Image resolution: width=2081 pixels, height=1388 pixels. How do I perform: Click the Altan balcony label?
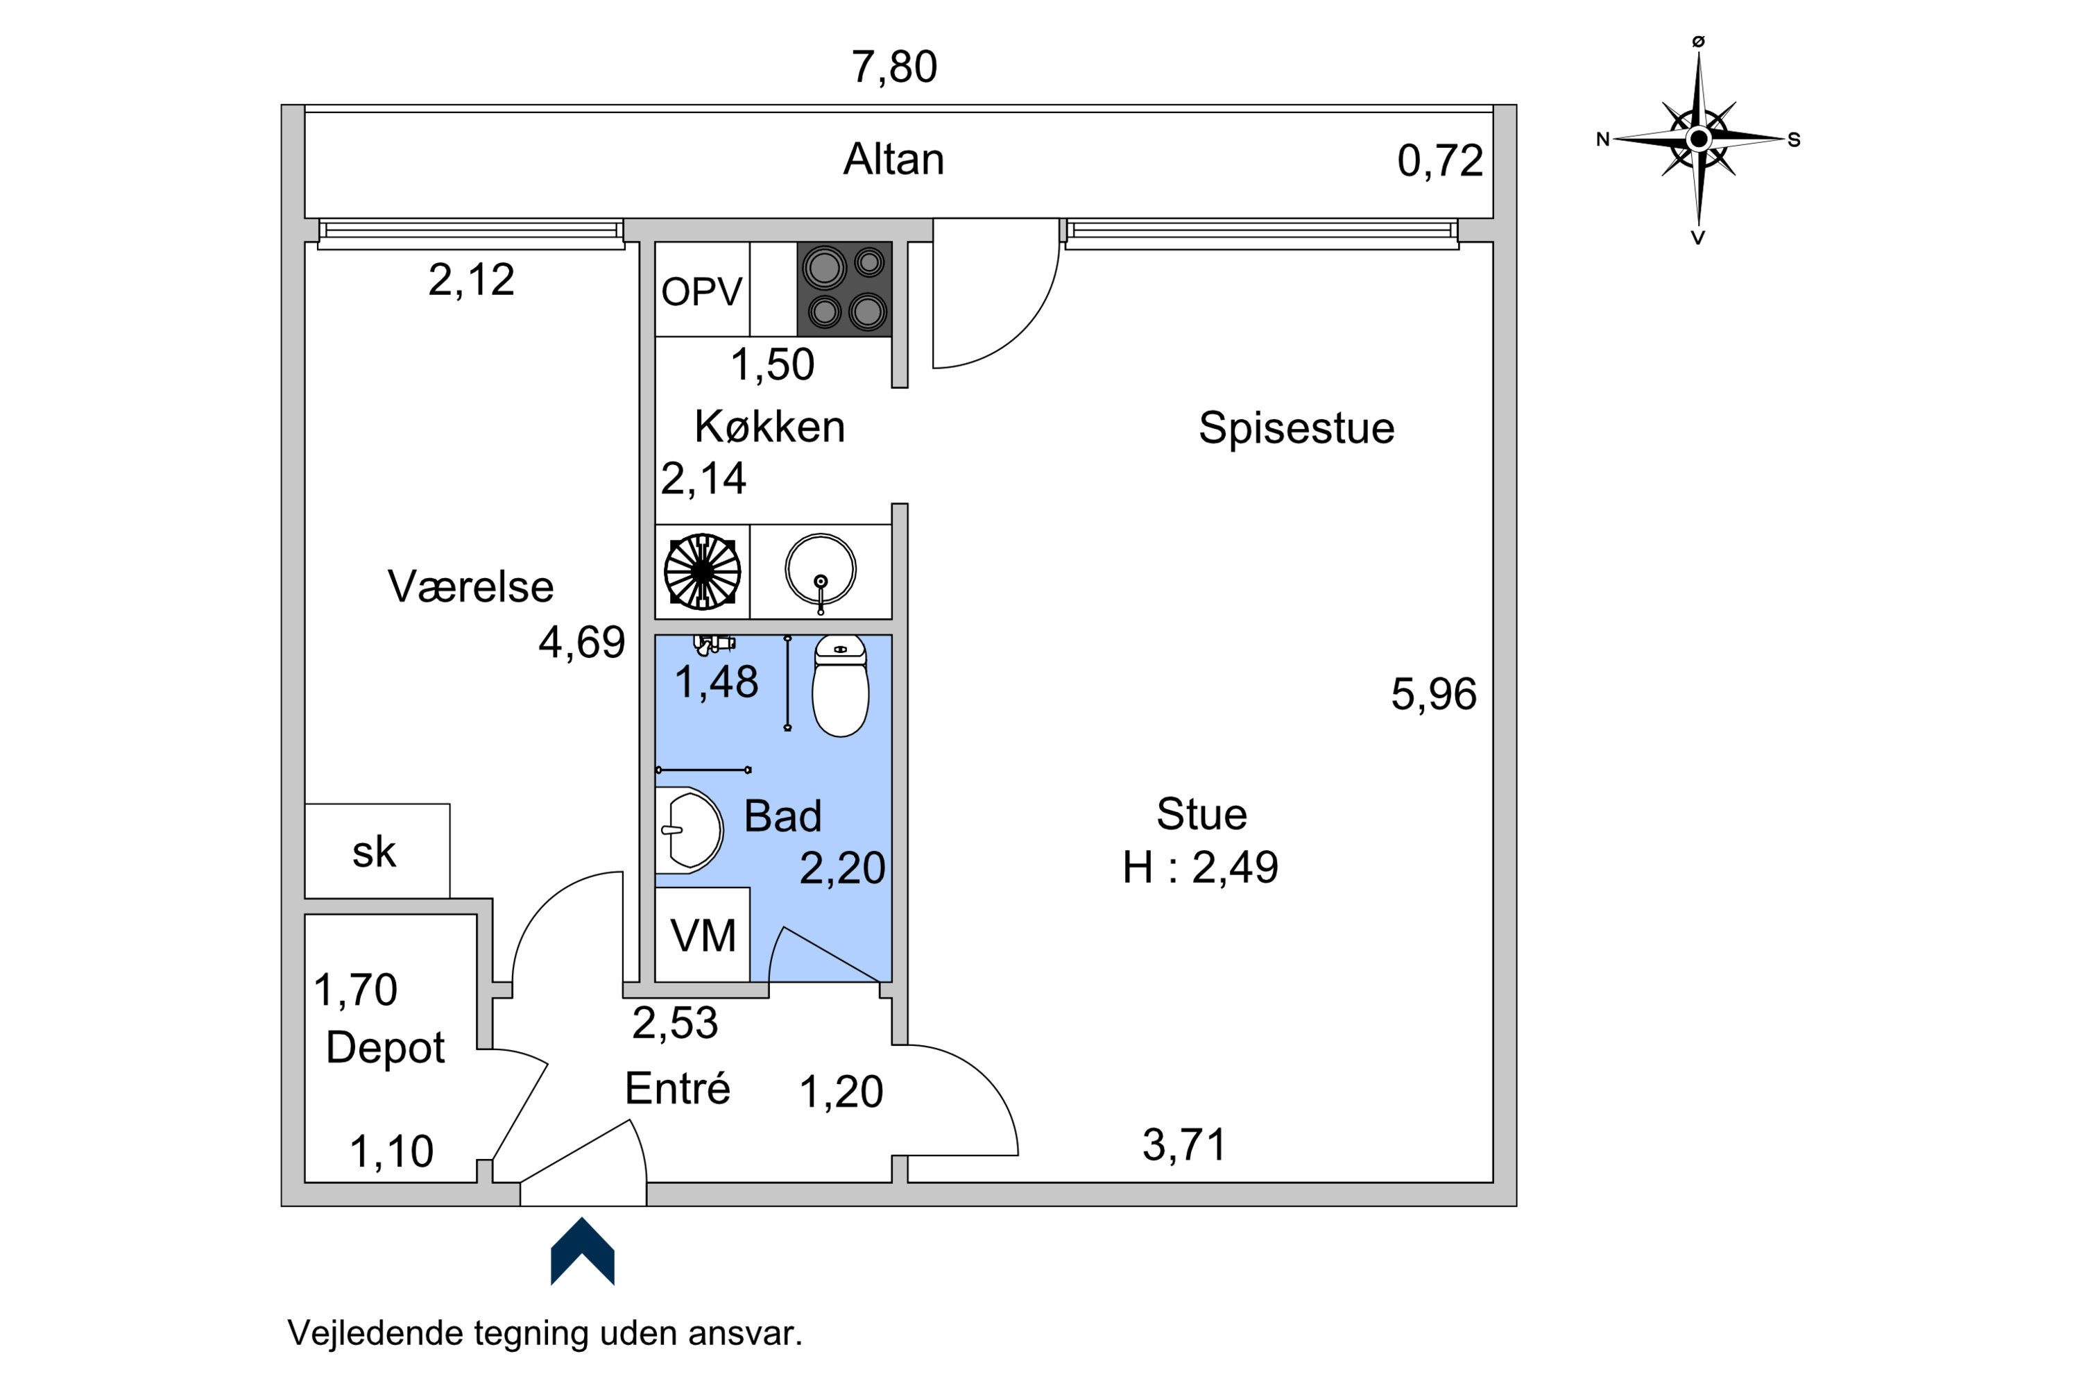click(x=893, y=160)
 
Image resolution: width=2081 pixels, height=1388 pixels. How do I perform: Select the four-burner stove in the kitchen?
click(x=844, y=289)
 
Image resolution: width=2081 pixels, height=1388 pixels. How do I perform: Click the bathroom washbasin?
click(x=690, y=830)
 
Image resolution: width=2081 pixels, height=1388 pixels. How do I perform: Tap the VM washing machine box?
click(x=703, y=935)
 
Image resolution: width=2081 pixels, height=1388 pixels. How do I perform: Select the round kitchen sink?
click(x=820, y=571)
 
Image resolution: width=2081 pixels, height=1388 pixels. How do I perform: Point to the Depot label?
click(x=385, y=1048)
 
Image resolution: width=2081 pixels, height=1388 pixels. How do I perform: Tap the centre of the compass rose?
click(x=1698, y=139)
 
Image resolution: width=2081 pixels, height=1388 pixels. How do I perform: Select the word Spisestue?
click(x=1296, y=428)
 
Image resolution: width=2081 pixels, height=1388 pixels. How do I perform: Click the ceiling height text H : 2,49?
click(x=1200, y=867)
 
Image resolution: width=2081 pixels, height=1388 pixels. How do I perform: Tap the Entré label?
click(x=677, y=1088)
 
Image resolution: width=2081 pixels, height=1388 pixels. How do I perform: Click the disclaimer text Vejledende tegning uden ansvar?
click(x=545, y=1333)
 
